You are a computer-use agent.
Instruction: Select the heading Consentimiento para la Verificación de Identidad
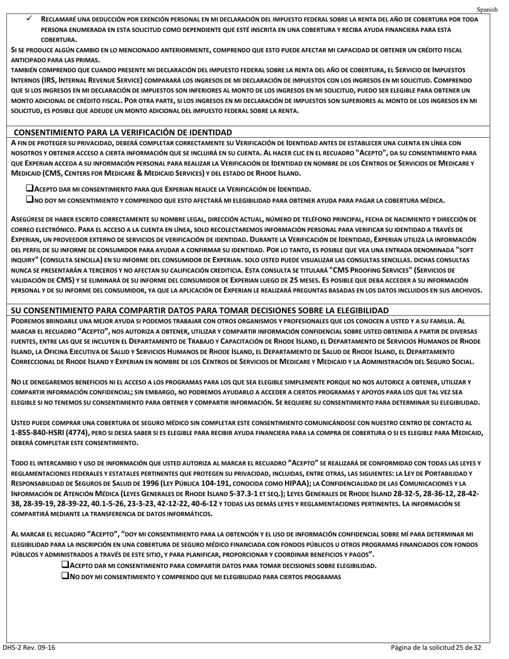(123, 132)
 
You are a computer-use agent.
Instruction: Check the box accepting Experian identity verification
(29, 189)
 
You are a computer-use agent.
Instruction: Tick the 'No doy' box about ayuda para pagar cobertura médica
(29, 200)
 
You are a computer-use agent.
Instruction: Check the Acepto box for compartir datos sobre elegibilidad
(66, 565)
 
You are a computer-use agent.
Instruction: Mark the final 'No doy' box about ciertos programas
(66, 576)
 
